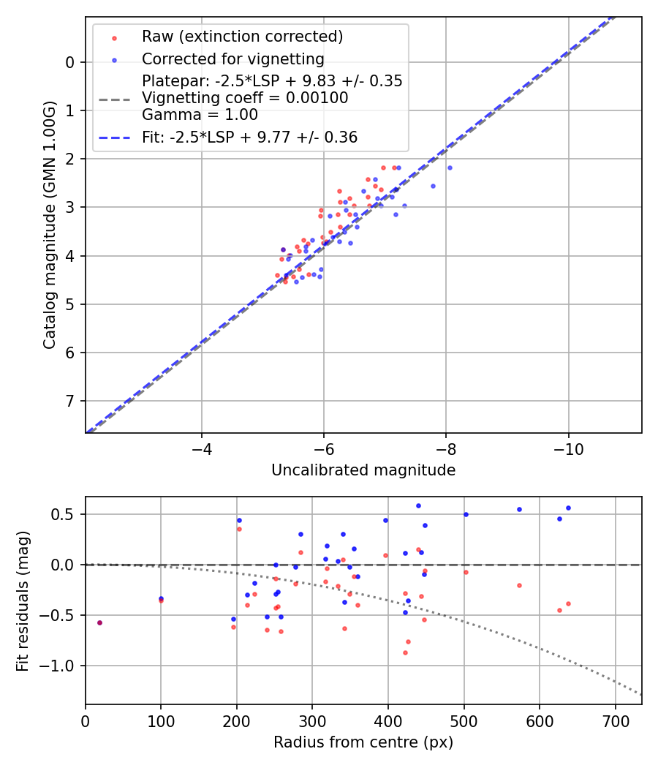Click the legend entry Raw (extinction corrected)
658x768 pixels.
[x=242, y=37]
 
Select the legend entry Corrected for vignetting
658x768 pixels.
[x=232, y=59]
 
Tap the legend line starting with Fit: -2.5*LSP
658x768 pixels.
[x=249, y=137]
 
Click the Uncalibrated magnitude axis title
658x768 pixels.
[x=363, y=470]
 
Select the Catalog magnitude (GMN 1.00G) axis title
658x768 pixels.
[x=49, y=225]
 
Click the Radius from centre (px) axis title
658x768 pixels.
[x=363, y=742]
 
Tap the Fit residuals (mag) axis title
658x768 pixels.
[x=23, y=601]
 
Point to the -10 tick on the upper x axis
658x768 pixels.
[x=569, y=447]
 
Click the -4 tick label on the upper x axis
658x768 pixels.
[x=202, y=447]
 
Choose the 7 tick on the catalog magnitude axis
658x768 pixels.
[x=69, y=401]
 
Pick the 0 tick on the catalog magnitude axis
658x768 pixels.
[x=69, y=62]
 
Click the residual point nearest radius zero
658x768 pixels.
[x=99, y=622]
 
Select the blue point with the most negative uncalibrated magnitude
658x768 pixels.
[x=450, y=167]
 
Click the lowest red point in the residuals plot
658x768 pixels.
[x=405, y=652]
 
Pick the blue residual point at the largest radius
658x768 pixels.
[x=568, y=508]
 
